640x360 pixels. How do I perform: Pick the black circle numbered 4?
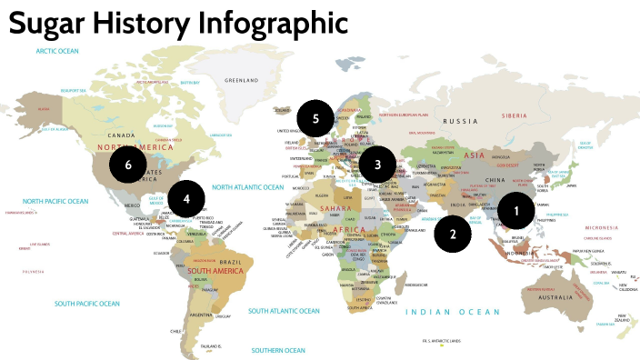coord(186,196)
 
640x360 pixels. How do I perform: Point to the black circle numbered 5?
coord(315,118)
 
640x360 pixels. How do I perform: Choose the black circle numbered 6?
coord(128,165)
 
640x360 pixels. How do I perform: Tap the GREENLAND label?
coord(242,79)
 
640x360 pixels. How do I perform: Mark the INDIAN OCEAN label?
coord(453,312)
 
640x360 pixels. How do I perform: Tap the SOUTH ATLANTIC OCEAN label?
coord(284,311)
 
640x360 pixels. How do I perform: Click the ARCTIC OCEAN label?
coord(59,51)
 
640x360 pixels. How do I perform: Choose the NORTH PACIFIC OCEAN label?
coord(56,201)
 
